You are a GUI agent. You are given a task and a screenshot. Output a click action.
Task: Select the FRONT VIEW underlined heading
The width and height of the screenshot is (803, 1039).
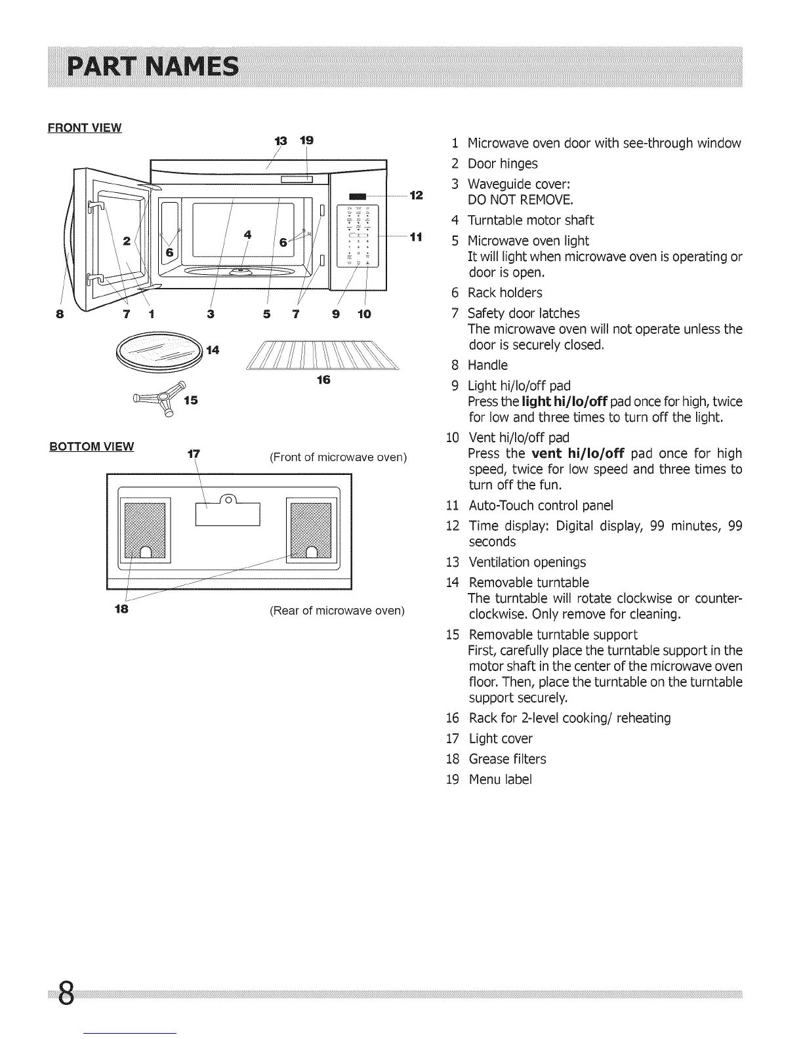coord(85,128)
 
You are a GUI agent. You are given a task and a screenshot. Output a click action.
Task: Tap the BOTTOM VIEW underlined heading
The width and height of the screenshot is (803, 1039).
coord(92,447)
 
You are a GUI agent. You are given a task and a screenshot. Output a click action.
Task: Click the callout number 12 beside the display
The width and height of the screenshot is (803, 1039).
coord(416,195)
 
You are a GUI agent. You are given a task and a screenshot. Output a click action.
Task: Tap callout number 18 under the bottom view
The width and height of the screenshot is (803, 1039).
coord(121,609)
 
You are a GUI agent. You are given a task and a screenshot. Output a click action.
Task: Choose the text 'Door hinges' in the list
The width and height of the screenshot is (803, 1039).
coord(503,164)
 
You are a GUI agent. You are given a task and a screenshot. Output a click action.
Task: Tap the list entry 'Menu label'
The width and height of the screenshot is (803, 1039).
coord(500,780)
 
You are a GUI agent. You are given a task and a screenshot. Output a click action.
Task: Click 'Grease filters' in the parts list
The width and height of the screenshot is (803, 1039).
coord(507,760)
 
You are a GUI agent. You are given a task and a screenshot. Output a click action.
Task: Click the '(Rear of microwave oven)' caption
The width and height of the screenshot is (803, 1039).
coord(337,611)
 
